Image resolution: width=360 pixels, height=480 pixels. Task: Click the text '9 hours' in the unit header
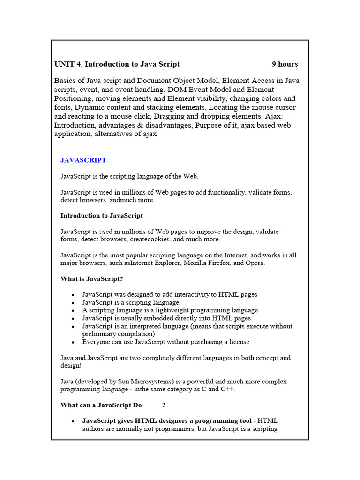pos(285,64)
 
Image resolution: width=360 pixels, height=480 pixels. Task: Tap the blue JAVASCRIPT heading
pos(83,160)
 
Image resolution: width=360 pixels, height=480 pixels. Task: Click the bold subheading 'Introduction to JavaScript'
pos(102,216)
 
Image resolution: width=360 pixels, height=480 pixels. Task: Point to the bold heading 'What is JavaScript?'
pos(92,279)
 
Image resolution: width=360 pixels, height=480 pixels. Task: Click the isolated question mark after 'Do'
pos(164,405)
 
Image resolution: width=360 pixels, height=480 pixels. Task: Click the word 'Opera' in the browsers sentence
pos(255,263)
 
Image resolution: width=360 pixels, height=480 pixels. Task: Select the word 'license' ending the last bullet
pos(238,342)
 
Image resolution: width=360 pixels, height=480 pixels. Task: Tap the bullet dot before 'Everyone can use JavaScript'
pos(73,342)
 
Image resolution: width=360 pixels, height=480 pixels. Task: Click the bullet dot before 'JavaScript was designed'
pos(73,295)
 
